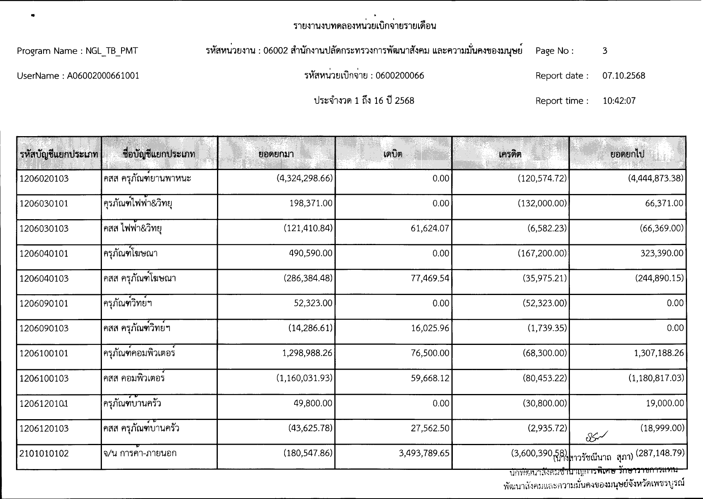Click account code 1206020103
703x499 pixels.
[44, 178]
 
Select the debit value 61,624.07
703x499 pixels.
[430, 228]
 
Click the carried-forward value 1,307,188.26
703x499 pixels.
[659, 353]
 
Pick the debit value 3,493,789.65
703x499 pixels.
[424, 453]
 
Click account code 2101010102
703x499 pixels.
[44, 453]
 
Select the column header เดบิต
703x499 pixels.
[393, 154]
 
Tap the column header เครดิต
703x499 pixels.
[510, 154]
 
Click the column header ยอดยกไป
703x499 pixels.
[627, 154]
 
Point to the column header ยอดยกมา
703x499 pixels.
[276, 154]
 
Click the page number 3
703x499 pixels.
[605, 51]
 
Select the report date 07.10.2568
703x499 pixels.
[623, 76]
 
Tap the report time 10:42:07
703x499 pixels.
[619, 101]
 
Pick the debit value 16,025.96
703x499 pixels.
[430, 328]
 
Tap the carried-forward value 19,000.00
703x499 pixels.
[665, 403]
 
